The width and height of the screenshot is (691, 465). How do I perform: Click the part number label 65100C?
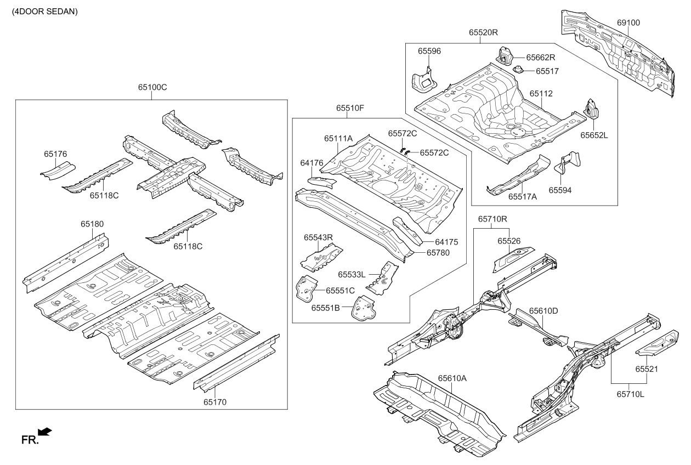pos(152,87)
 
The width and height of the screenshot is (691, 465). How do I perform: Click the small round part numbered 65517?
pos(518,70)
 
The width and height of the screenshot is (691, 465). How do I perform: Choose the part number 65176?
pos(55,155)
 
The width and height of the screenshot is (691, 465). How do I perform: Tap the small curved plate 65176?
pos(57,169)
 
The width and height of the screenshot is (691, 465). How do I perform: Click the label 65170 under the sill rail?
pos(215,402)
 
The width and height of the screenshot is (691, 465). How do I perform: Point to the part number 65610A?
pos(452,378)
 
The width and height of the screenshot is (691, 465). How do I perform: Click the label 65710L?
pos(630,394)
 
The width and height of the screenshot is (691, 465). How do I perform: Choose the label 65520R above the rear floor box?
pos(483,32)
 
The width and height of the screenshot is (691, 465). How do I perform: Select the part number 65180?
pos(92,224)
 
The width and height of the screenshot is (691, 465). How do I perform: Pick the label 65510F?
pos(350,108)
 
